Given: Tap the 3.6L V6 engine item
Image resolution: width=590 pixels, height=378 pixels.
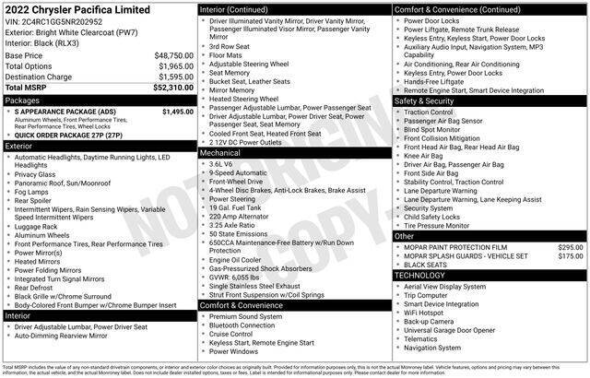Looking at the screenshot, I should pos(222,163).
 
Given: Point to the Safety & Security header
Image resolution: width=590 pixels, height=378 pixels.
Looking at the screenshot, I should pos(430,100).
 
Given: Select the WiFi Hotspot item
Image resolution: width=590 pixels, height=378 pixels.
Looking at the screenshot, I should pos(427,312).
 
